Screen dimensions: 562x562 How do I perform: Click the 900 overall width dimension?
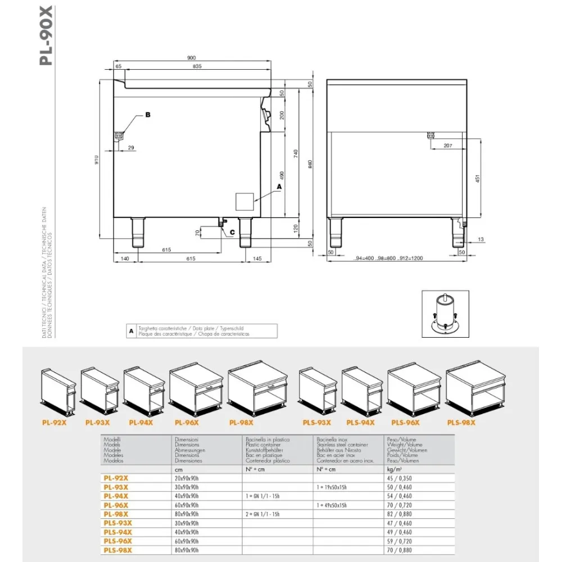[x=192, y=58]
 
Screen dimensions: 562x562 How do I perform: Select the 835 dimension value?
[x=196, y=66]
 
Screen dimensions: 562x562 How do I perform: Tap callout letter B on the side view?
[x=148, y=114]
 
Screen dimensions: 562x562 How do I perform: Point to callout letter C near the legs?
[x=232, y=232]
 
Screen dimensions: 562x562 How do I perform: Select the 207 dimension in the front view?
[x=447, y=146]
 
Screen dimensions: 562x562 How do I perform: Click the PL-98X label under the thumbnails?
[x=242, y=423]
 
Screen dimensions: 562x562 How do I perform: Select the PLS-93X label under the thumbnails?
[x=316, y=423]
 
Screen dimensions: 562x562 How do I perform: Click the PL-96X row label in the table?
[x=116, y=505]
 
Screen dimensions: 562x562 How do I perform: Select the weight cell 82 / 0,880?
[x=400, y=514]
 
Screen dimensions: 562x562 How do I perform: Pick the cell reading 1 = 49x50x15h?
[x=332, y=505]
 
